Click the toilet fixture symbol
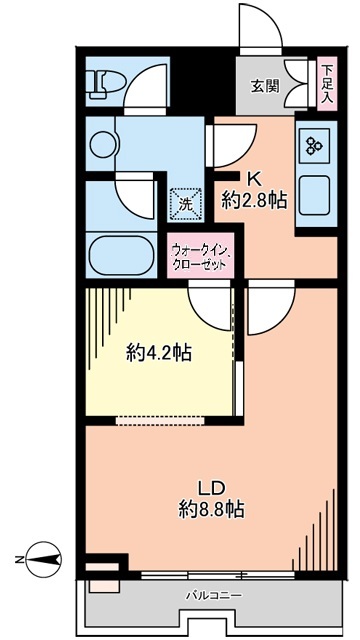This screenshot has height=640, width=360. click(105, 84)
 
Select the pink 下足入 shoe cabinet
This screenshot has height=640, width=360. click(327, 84)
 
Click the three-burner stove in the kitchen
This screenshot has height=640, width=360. click(315, 145)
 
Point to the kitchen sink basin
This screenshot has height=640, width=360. click(314, 195)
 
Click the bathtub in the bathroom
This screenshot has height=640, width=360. click(122, 255)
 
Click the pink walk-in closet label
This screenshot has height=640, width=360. click(200, 255)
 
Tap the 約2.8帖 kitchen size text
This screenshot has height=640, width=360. click(254, 200)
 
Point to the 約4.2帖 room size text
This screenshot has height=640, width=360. click(159, 352)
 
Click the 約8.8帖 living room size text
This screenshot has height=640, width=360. click(212, 509)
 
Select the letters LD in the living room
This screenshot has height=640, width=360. click(212, 487)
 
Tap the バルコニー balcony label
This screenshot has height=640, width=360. click(214, 596)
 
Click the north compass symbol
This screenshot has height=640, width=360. click(44, 560)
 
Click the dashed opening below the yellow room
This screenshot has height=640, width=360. click(160, 421)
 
